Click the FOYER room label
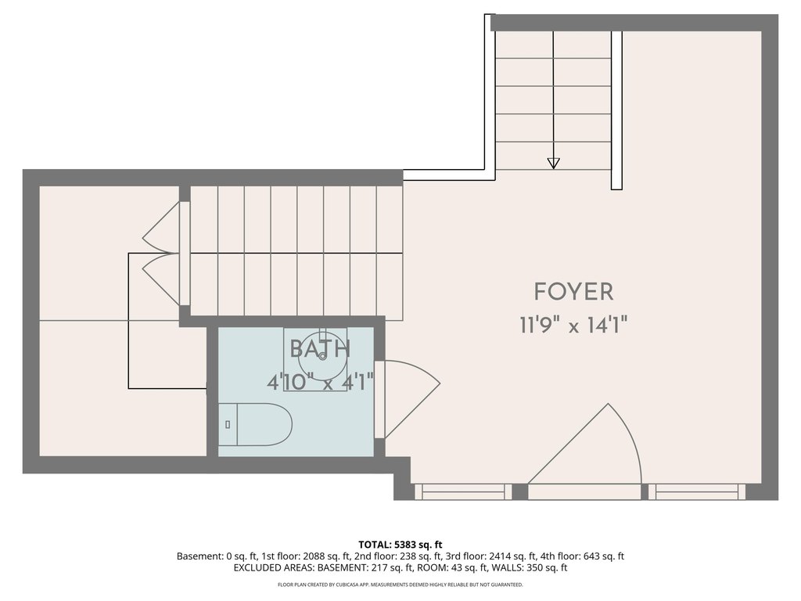[x=573, y=292]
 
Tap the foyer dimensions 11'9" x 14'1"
[x=573, y=325]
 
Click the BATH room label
[x=320, y=349]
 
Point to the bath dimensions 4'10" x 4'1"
[x=320, y=382]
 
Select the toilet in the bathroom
[x=256, y=424]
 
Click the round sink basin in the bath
[x=322, y=357]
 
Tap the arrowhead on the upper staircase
[x=553, y=163]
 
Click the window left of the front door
[x=463, y=491]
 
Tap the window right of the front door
[x=697, y=491]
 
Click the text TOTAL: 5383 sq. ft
[x=400, y=545]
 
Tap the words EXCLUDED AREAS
[x=274, y=568]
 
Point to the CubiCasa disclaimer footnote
[x=400, y=585]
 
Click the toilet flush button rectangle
[x=228, y=424]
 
